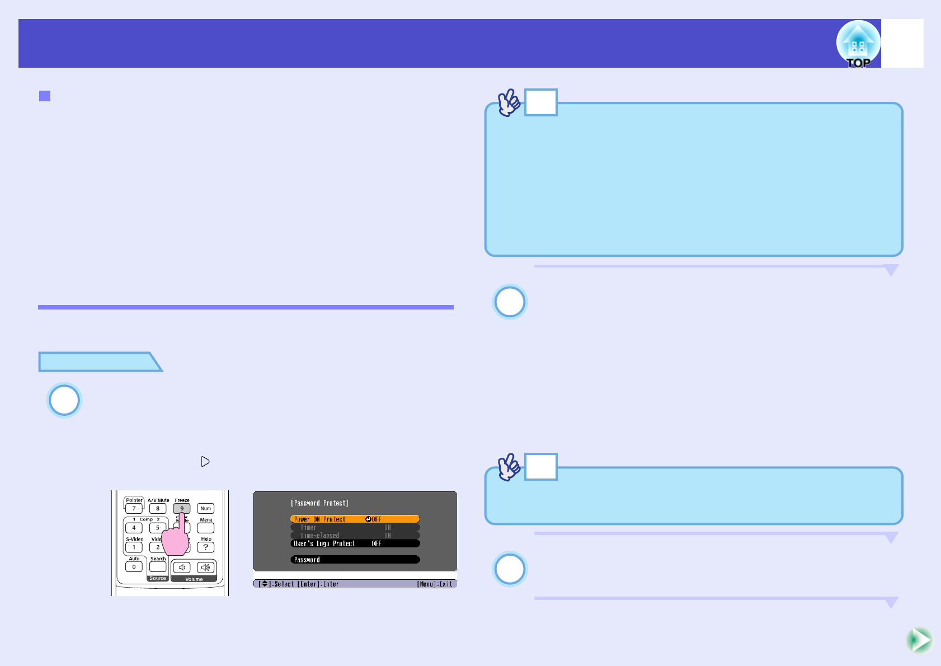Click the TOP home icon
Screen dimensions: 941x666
(x=858, y=44)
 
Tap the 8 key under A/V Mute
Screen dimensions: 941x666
(x=158, y=509)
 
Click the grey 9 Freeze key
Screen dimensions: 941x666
(x=182, y=508)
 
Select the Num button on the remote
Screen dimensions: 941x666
(x=206, y=509)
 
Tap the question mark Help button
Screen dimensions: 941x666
(x=206, y=547)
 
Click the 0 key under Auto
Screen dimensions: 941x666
(x=134, y=567)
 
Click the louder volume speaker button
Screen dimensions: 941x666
(x=205, y=567)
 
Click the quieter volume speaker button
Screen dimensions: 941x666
(x=182, y=567)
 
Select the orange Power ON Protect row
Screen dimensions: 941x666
(x=355, y=519)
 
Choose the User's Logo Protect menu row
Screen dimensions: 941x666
(x=355, y=543)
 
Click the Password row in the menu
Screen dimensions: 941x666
(x=355, y=560)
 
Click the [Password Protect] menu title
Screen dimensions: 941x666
(x=319, y=503)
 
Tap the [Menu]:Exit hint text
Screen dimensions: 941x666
(x=435, y=584)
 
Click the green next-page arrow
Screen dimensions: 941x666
(x=919, y=640)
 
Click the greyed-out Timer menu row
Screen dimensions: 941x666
(x=355, y=528)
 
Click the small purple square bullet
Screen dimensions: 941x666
(x=45, y=96)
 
